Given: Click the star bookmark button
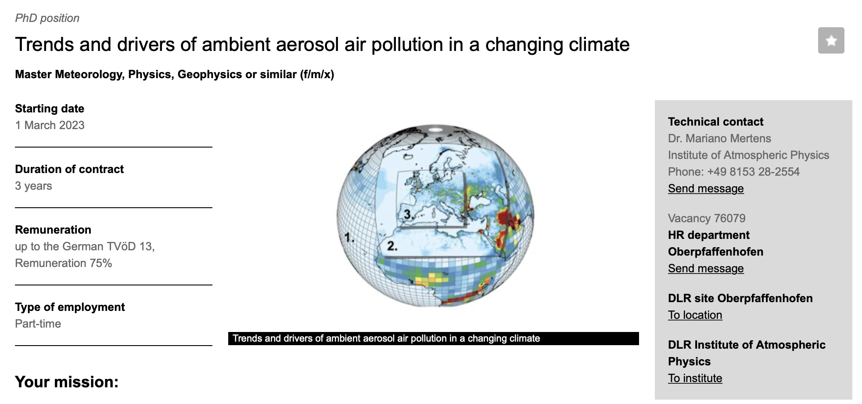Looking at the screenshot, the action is (x=831, y=40).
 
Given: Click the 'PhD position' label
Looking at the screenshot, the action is (x=47, y=18).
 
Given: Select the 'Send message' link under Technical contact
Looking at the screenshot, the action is (x=706, y=188).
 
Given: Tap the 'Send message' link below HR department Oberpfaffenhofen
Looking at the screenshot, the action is (x=706, y=268).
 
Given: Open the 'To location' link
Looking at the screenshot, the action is (x=695, y=315).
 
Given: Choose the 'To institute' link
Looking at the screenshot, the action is (x=695, y=378).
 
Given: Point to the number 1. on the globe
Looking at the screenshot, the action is (x=349, y=238).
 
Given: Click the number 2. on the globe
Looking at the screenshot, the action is (x=392, y=246).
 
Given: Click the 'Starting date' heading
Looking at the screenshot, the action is (x=50, y=108).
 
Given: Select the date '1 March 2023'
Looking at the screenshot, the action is (x=50, y=125).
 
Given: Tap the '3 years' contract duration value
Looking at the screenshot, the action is (x=33, y=186).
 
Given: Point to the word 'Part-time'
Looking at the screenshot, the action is (x=38, y=324).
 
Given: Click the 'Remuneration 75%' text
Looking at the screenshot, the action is (x=63, y=263).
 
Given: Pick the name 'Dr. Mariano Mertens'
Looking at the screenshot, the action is (x=719, y=138).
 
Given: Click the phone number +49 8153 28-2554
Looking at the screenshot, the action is (x=754, y=172).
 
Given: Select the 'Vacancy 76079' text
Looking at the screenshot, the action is (x=707, y=218).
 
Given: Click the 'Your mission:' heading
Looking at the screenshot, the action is (x=67, y=382).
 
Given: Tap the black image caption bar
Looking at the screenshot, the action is (x=434, y=339).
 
